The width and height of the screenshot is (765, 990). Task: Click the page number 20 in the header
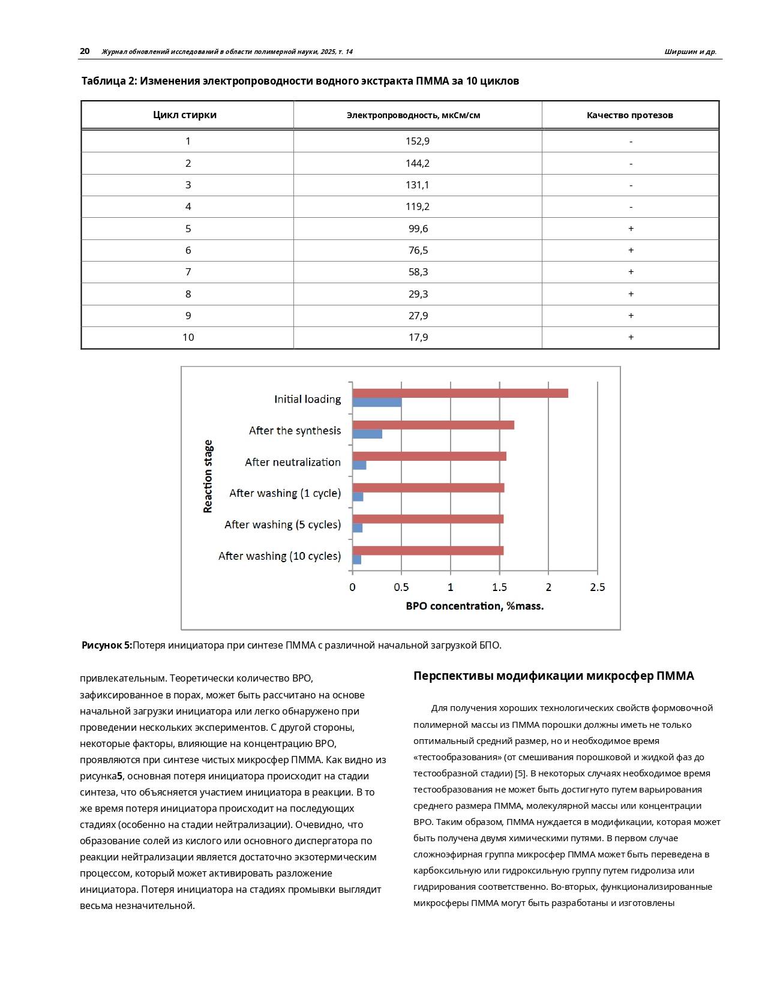[85, 52]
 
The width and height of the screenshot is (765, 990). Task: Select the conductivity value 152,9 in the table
[418, 141]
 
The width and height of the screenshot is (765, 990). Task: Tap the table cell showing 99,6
[418, 229]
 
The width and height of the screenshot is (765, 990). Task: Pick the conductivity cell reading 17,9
[418, 337]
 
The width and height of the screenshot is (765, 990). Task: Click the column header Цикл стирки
[185, 115]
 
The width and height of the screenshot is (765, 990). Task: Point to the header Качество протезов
[630, 115]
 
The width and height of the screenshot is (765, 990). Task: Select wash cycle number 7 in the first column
[188, 272]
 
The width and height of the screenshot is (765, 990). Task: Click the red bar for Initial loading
[460, 394]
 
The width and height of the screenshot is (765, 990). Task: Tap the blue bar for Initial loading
[377, 403]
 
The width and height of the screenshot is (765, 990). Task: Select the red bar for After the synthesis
[433, 425]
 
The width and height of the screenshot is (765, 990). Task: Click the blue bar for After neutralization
[359, 465]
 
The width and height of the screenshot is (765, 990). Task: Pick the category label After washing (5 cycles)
[283, 524]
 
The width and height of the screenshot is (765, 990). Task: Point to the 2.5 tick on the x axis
[598, 587]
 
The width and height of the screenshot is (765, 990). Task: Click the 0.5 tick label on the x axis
[401, 587]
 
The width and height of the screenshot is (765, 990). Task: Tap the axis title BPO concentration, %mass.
[475, 606]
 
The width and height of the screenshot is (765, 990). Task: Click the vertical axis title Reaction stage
[208, 476]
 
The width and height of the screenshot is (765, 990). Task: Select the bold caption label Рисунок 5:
[107, 646]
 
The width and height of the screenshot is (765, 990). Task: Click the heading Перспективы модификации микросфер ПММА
[553, 676]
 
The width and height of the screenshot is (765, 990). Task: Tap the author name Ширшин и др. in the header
[690, 52]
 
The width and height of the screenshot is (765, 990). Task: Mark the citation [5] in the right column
[520, 773]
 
